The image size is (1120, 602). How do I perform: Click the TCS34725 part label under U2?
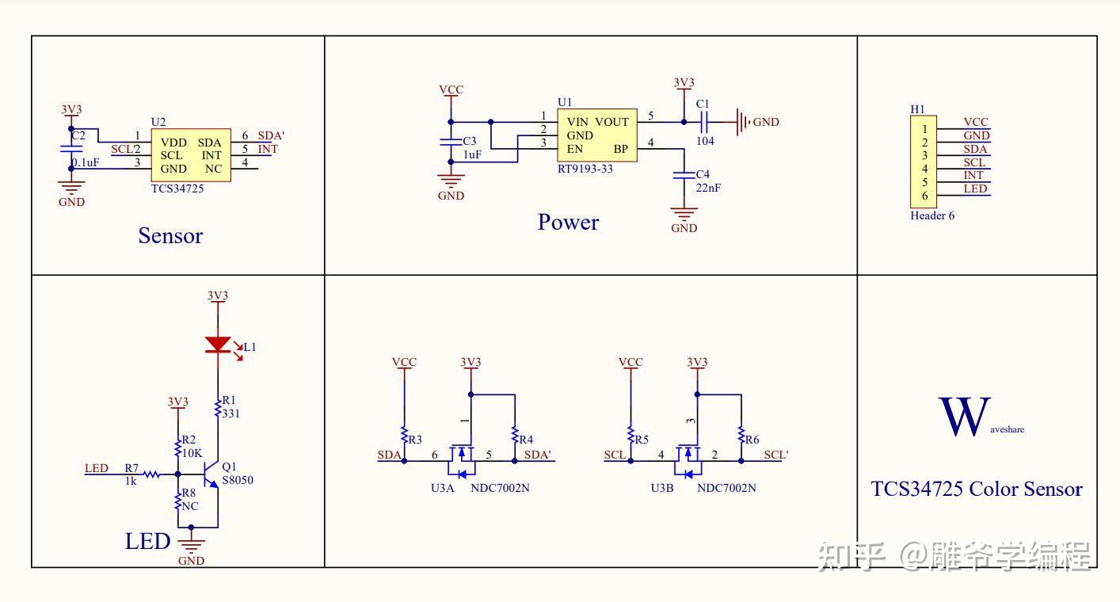pyautogui.click(x=177, y=189)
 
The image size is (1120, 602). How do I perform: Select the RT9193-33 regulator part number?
pyautogui.click(x=585, y=169)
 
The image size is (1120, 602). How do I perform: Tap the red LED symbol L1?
pyautogui.click(x=218, y=345)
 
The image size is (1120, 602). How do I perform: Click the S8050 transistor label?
pyautogui.click(x=238, y=480)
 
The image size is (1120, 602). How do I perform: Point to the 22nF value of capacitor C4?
pyautogui.click(x=708, y=188)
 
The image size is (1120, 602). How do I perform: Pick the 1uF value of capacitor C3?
pyautogui.click(x=471, y=155)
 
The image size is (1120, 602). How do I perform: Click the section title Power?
pyautogui.click(x=568, y=222)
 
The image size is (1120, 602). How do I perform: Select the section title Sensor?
pyautogui.click(x=170, y=235)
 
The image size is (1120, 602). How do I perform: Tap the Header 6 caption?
pyautogui.click(x=932, y=215)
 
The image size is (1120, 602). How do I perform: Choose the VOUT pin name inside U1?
pyautogui.click(x=611, y=122)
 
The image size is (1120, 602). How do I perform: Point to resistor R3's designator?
pyautogui.click(x=416, y=439)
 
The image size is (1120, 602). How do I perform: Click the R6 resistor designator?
pyautogui.click(x=752, y=440)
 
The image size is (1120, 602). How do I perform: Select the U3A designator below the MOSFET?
pyautogui.click(x=443, y=488)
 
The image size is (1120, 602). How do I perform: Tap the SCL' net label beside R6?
pyautogui.click(x=775, y=455)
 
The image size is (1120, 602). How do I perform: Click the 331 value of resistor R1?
pyautogui.click(x=232, y=413)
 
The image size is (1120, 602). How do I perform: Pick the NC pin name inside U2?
pyautogui.click(x=212, y=169)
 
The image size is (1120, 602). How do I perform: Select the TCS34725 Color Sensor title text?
pyautogui.click(x=977, y=489)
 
